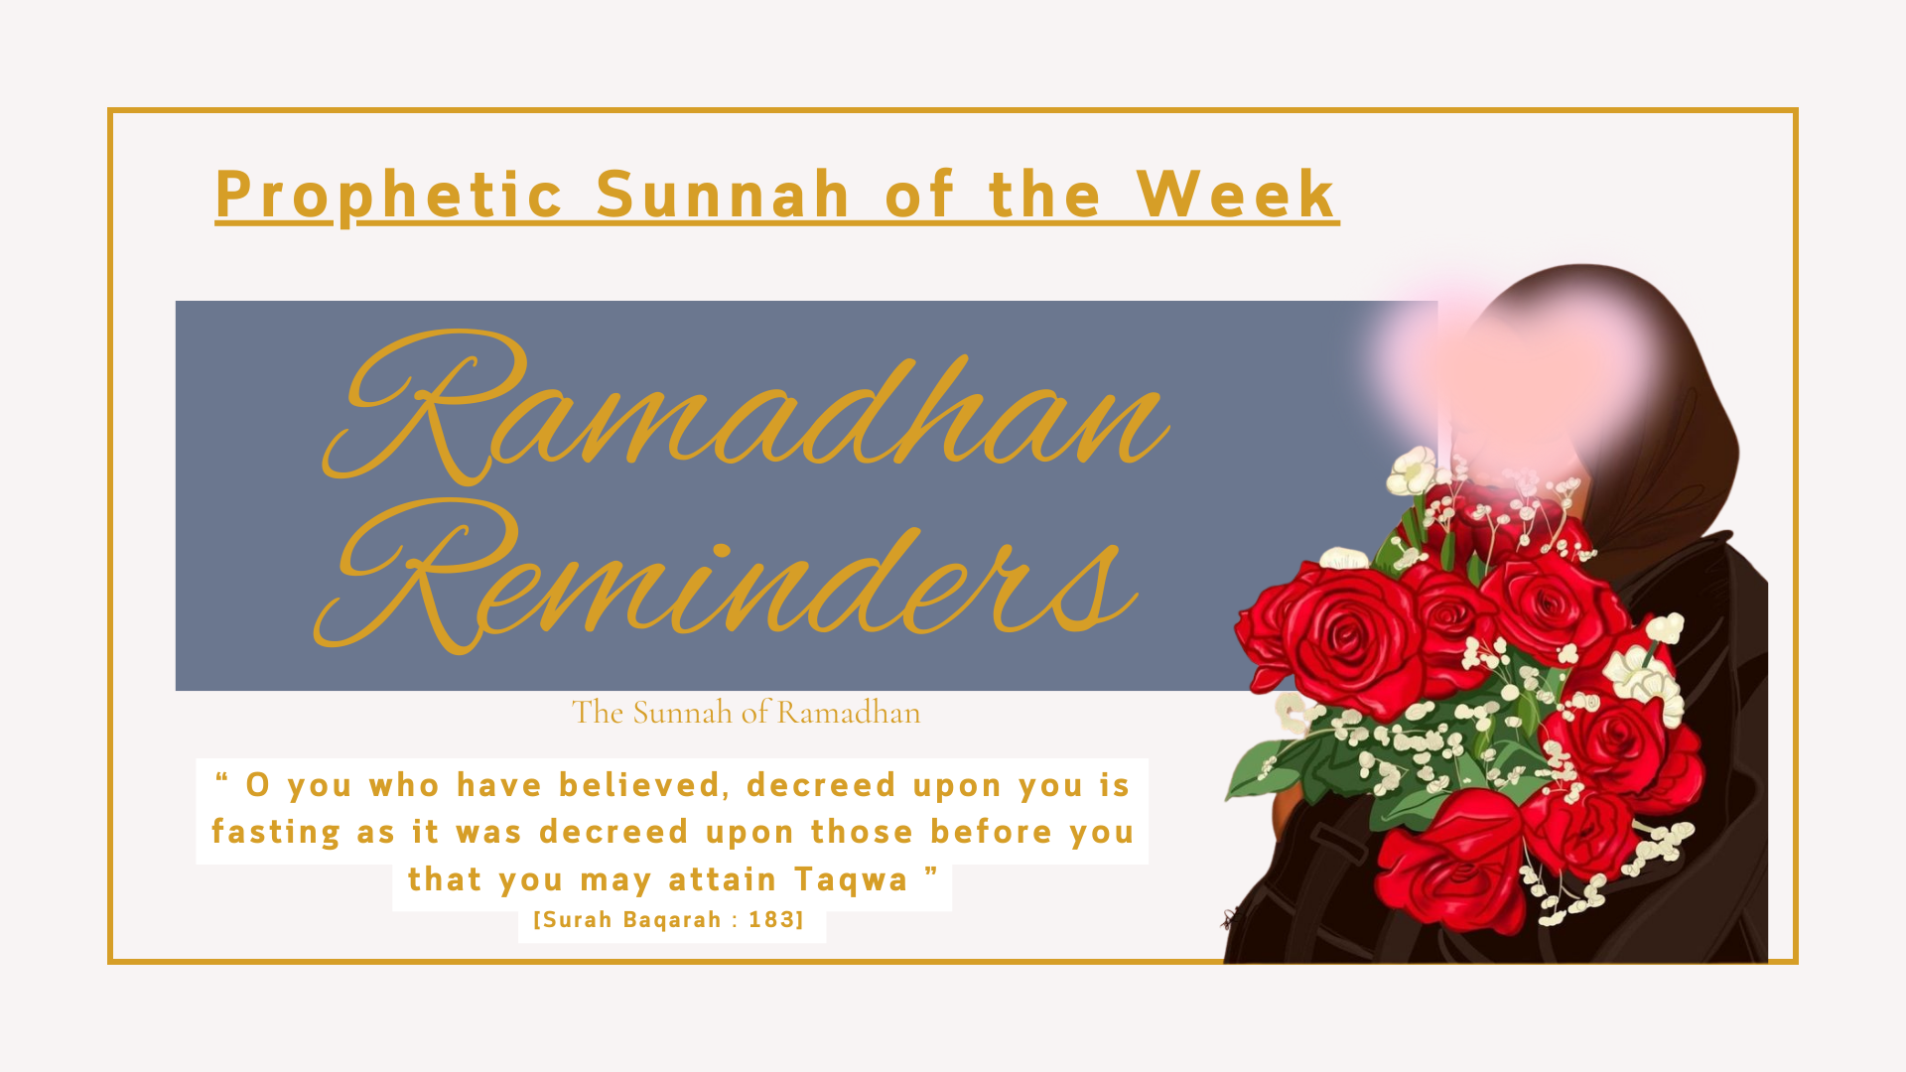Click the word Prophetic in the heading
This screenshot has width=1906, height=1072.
click(389, 195)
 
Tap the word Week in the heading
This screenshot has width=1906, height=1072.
click(1237, 194)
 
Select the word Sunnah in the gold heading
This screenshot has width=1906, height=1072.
click(723, 194)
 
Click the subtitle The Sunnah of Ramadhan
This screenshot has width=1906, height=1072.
click(747, 713)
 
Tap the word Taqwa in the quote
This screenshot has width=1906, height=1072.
click(851, 880)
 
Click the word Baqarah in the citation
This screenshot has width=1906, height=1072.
click(672, 921)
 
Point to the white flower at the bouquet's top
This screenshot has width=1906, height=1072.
click(1412, 471)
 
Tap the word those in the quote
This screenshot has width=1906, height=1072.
click(862, 832)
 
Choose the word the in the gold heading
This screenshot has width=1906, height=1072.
click(1045, 194)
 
